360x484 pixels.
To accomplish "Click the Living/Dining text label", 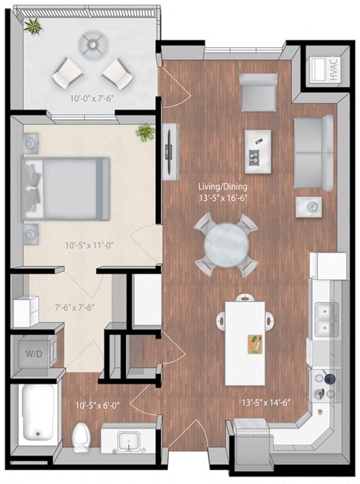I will [223, 187].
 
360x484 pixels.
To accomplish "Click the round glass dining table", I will [225, 243].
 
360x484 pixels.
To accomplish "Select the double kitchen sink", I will [325, 318].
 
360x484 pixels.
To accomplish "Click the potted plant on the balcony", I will [32, 28].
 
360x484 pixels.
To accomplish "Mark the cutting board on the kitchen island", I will [256, 345].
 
